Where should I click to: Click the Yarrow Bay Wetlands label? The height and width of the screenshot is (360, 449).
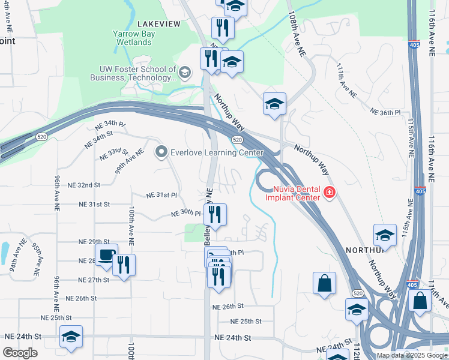(x=134, y=38)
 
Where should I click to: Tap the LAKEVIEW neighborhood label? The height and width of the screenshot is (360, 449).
(x=158, y=23)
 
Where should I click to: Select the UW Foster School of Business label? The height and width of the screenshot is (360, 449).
(x=133, y=73)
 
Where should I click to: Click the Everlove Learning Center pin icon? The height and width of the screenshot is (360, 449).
(x=160, y=152)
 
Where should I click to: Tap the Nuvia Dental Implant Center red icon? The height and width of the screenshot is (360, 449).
(x=329, y=192)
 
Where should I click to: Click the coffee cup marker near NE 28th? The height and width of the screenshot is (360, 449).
(x=106, y=256)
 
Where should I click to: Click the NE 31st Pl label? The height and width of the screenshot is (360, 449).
(x=161, y=196)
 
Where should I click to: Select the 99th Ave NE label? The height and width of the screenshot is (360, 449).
(x=130, y=161)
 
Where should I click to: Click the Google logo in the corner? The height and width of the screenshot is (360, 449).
(x=20, y=353)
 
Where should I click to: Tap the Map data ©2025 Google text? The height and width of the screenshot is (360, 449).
(x=411, y=355)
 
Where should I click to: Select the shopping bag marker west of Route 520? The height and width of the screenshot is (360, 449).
(x=324, y=284)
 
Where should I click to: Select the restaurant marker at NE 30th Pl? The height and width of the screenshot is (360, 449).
(x=215, y=214)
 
